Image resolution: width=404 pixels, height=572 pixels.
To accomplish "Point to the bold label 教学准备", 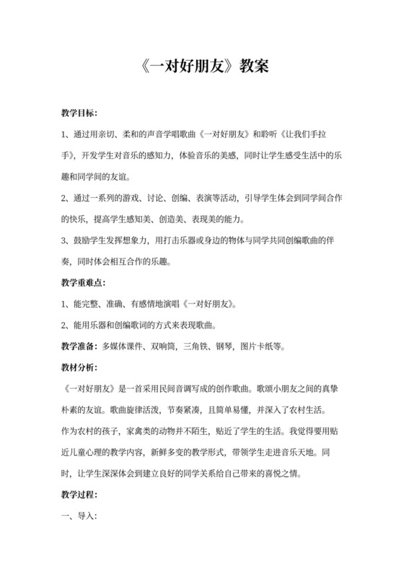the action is pyautogui.click(x=80, y=345).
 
